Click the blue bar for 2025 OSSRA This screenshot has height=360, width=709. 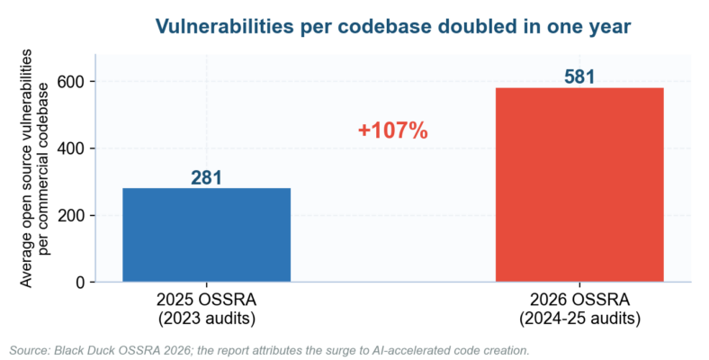coord(207,235)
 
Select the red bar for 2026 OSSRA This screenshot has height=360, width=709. coord(579,184)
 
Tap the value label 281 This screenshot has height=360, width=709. coord(206,177)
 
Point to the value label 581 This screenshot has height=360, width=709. coord(579,77)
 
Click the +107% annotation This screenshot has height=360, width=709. coord(393,130)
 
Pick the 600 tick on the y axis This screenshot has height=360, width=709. coord(71,82)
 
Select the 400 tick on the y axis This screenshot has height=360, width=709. coord(71,148)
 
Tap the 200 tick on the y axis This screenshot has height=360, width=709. coord(71,216)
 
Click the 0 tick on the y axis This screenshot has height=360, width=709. coord(80,283)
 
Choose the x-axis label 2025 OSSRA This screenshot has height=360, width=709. coord(207,300)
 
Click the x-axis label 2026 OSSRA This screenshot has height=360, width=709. coord(579,300)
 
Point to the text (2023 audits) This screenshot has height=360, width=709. coord(207,319)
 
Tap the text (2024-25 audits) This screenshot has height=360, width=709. coord(579,319)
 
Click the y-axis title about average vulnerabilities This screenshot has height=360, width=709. coord(34,168)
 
